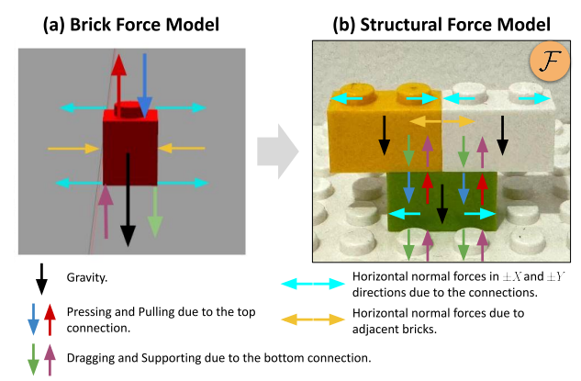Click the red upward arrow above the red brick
pyautogui.click(x=118, y=83)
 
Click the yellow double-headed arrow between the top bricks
pyautogui.click(x=441, y=121)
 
